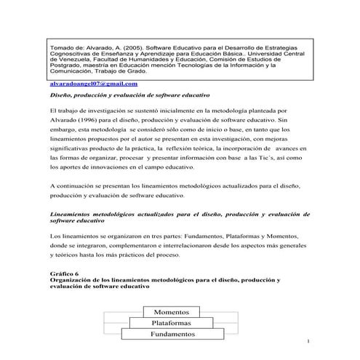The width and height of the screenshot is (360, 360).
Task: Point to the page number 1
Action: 309,340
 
